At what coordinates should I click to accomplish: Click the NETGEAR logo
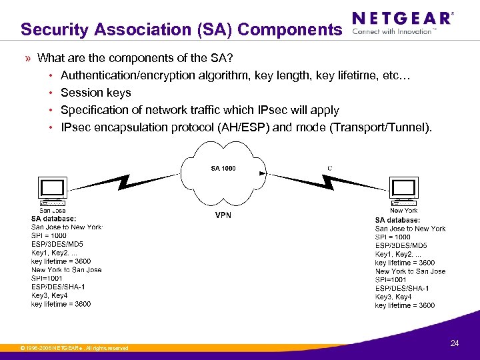pyautogui.click(x=402, y=18)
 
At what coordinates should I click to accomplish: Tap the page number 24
pyautogui.click(x=455, y=343)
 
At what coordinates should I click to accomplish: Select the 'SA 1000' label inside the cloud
pyautogui.click(x=223, y=168)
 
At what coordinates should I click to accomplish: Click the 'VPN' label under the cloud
pyautogui.click(x=223, y=215)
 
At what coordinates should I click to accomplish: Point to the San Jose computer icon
pyautogui.click(x=52, y=193)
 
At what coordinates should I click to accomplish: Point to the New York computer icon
pyautogui.click(x=404, y=193)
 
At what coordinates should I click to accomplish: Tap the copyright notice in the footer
pyautogui.click(x=74, y=348)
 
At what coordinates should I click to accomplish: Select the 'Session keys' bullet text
pyautogui.click(x=96, y=93)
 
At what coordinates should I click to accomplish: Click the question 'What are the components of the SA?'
pyautogui.click(x=135, y=58)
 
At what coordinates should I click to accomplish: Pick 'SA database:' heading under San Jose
pyautogui.click(x=53, y=219)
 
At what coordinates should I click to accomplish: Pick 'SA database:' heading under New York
pyautogui.click(x=397, y=220)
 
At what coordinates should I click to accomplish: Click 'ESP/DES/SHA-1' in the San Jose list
pyautogui.click(x=58, y=287)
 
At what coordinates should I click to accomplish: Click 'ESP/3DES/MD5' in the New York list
pyautogui.click(x=401, y=246)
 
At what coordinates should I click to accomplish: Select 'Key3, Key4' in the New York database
pyautogui.click(x=393, y=297)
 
